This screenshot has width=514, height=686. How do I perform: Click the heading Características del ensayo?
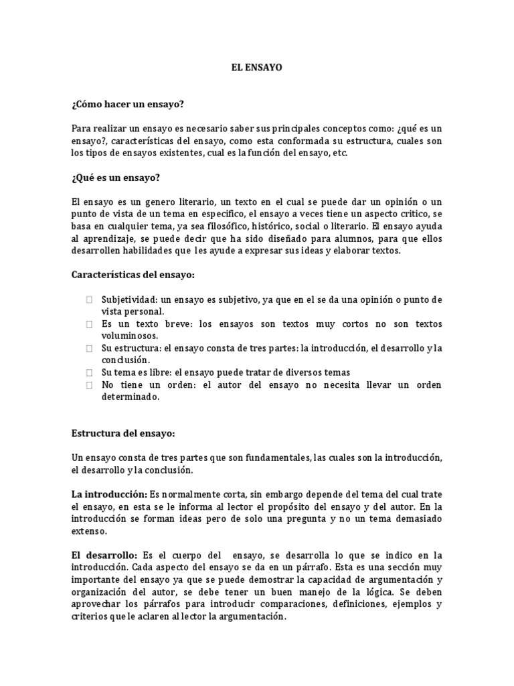pos(133,275)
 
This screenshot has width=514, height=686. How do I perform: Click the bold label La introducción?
pos(109,494)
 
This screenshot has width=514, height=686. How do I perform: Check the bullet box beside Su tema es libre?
pos(89,372)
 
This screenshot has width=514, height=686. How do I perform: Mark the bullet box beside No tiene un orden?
pos(89,385)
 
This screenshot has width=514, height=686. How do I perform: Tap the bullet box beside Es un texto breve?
pos(89,324)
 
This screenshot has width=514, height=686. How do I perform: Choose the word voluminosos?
pos(130,336)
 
